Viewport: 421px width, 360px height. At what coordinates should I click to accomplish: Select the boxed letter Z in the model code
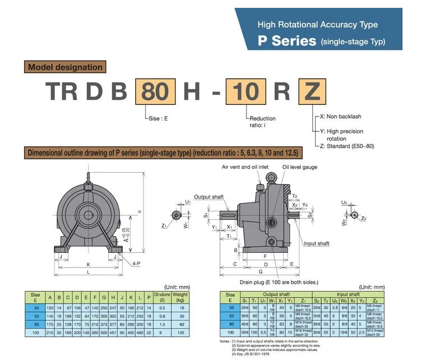tap(312, 91)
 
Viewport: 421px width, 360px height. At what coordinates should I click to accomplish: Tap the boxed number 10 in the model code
tap(246, 91)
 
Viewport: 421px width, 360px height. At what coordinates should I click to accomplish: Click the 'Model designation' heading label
tap(65, 67)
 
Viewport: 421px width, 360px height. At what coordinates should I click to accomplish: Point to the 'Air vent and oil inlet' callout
tap(246, 167)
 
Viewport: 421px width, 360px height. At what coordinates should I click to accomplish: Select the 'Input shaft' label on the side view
tap(316, 243)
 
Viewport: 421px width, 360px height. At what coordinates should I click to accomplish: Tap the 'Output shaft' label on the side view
tap(209, 197)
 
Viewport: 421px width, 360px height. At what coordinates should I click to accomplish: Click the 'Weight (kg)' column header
tap(180, 297)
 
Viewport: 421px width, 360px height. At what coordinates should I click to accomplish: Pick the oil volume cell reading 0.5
tap(162, 308)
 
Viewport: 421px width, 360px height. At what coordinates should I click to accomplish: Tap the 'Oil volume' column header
tap(162, 297)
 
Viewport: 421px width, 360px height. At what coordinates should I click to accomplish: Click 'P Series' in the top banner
tap(286, 41)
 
